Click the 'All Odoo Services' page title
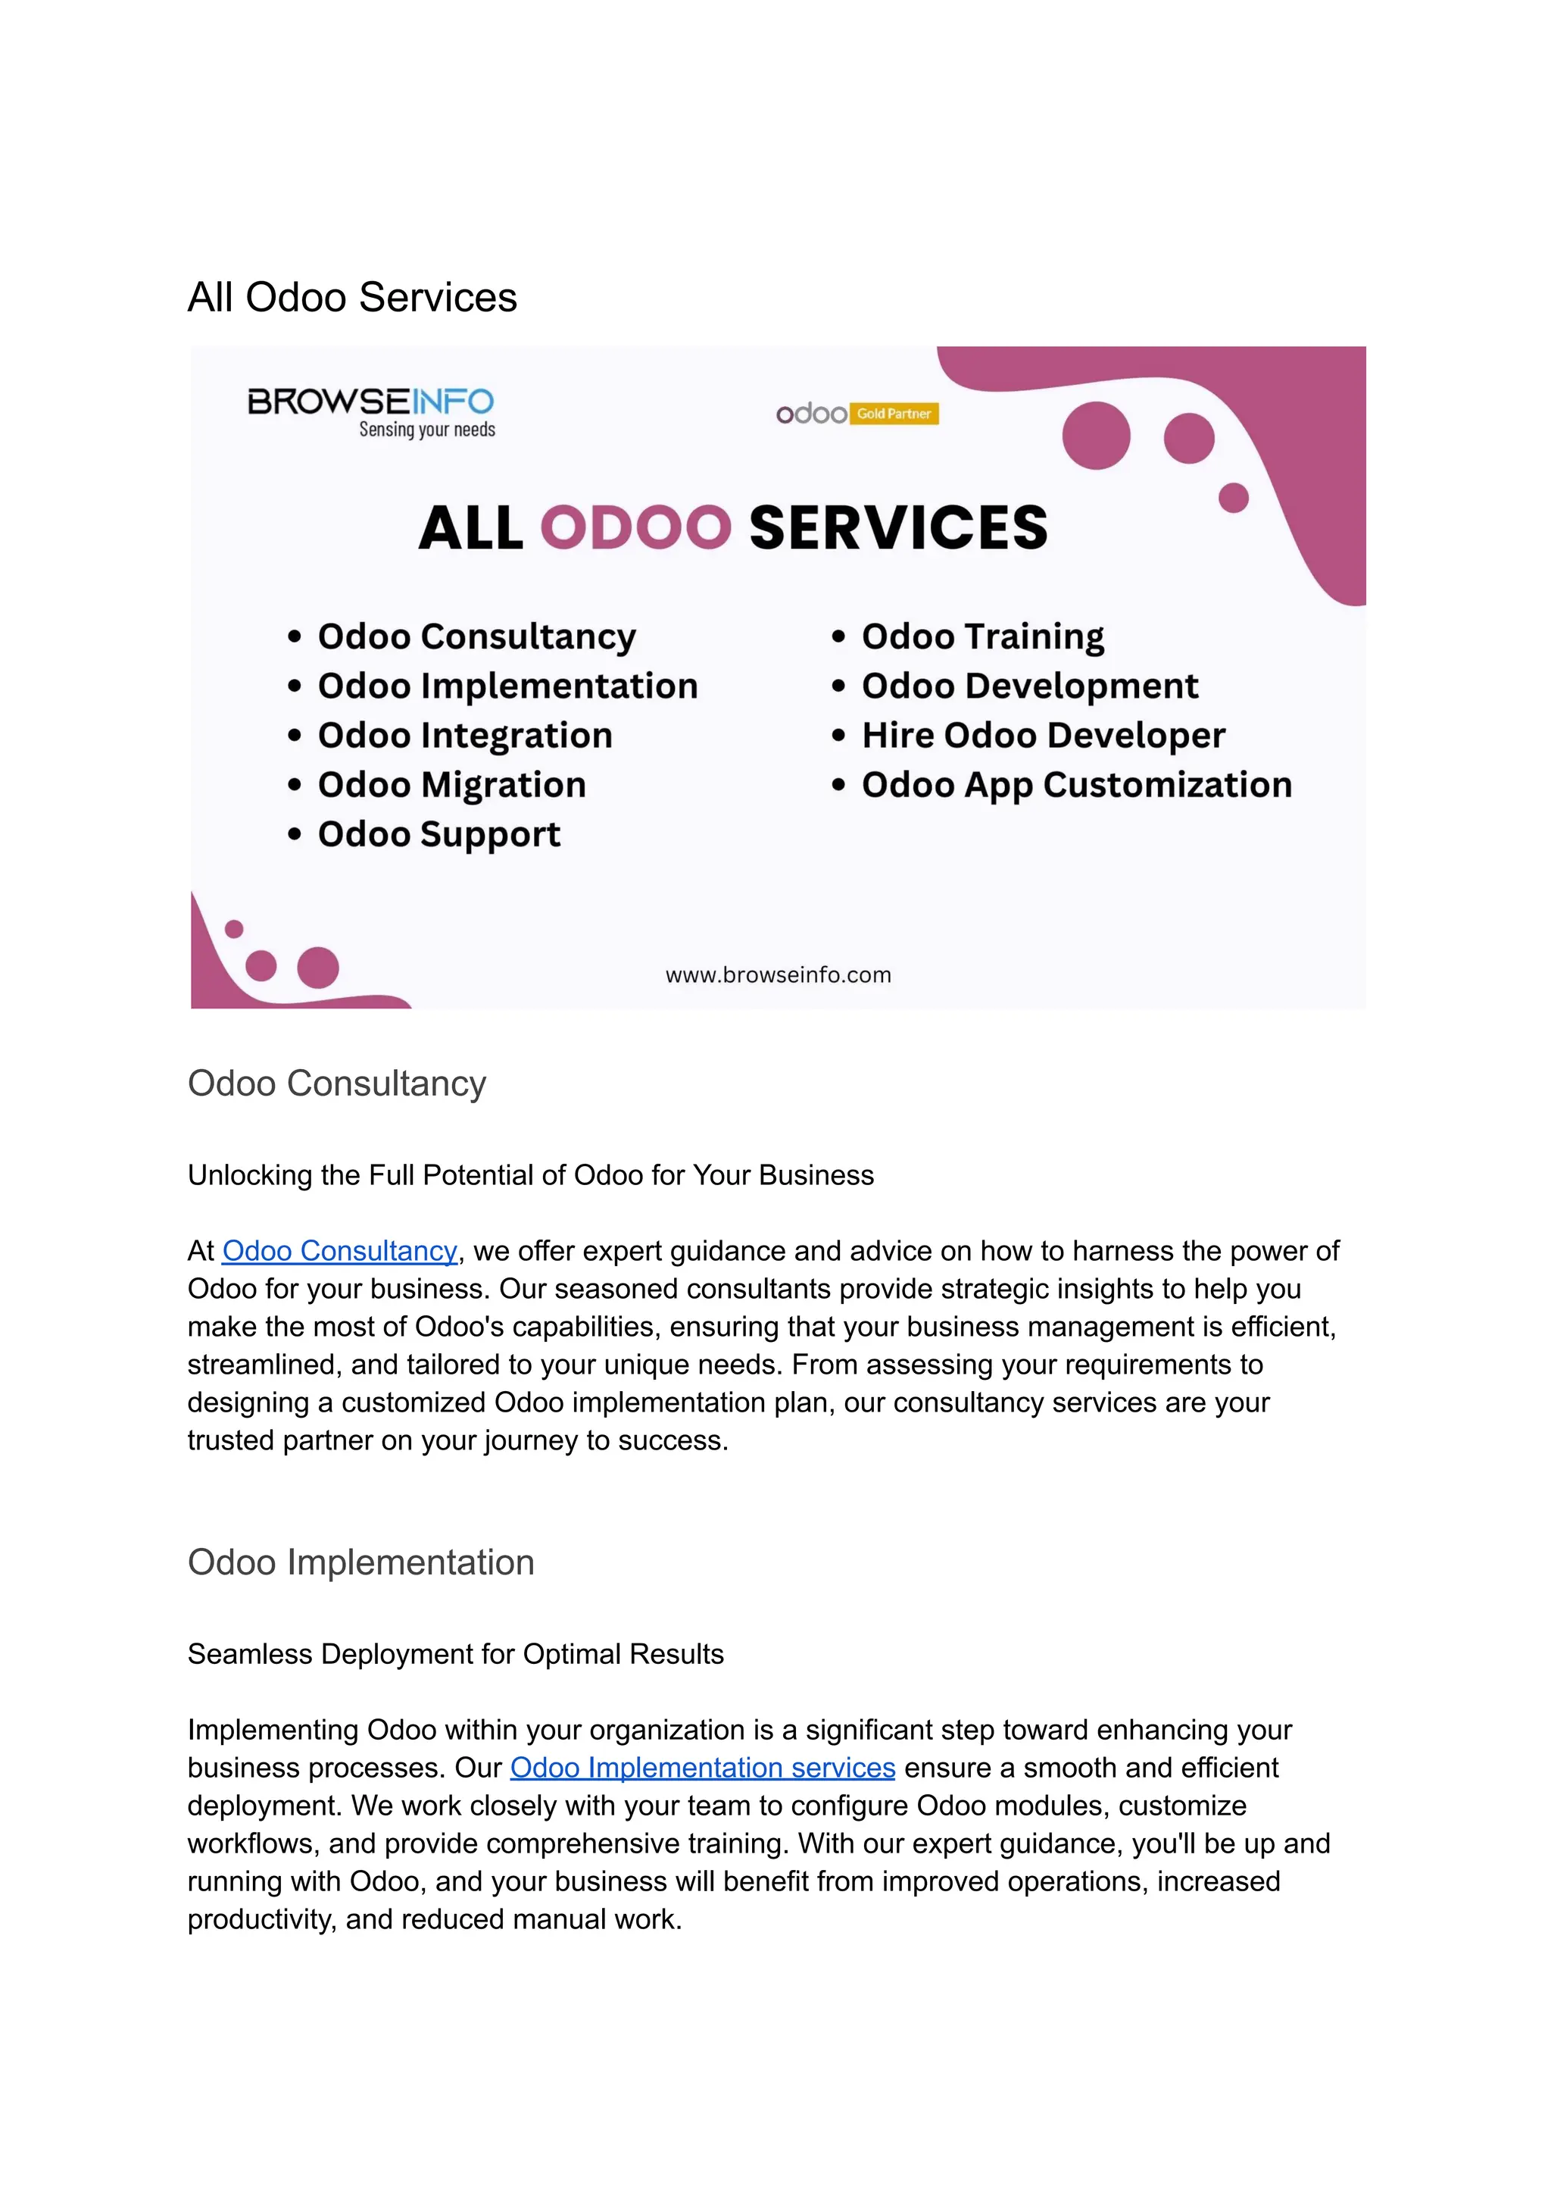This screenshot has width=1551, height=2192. click(351, 297)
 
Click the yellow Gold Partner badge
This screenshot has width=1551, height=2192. click(893, 414)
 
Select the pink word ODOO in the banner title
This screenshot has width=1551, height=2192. click(635, 527)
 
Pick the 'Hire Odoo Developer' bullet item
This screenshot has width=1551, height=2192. click(1042, 735)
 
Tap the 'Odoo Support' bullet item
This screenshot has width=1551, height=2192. click(438, 834)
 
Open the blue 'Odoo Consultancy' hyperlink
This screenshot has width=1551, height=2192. click(339, 1251)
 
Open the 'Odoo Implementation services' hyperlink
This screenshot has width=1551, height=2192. click(702, 1768)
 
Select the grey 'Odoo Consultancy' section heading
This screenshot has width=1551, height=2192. click(336, 1083)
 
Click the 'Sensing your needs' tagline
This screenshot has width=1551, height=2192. click(427, 430)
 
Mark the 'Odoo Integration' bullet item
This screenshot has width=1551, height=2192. click(464, 735)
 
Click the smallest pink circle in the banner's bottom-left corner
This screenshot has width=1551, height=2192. click(234, 929)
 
